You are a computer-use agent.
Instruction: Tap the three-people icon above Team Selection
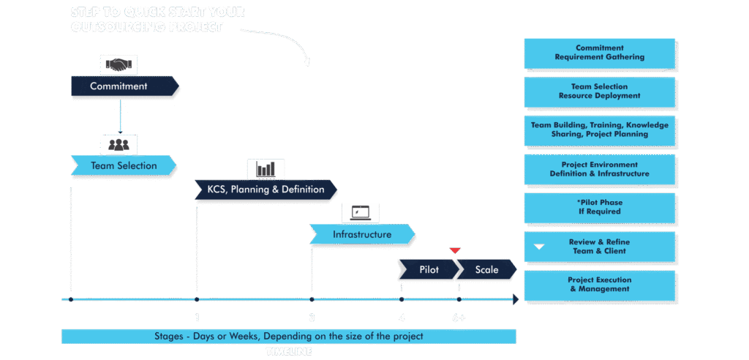click(118, 143)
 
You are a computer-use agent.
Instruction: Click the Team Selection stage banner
click(123, 165)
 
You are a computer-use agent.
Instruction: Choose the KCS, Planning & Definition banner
click(266, 190)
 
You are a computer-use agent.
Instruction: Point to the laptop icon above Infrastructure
click(361, 213)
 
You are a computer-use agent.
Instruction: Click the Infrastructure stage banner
click(362, 234)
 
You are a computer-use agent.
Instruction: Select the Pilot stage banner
click(428, 270)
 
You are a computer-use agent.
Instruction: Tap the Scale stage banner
click(486, 270)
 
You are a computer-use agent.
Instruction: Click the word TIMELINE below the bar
click(289, 352)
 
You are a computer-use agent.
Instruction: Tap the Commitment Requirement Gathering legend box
click(599, 53)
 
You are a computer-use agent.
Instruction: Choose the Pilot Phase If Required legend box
click(599, 206)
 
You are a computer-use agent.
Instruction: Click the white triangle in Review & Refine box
click(539, 247)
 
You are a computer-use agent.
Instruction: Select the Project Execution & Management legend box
click(599, 285)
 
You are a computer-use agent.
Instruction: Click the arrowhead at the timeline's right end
click(516, 299)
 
